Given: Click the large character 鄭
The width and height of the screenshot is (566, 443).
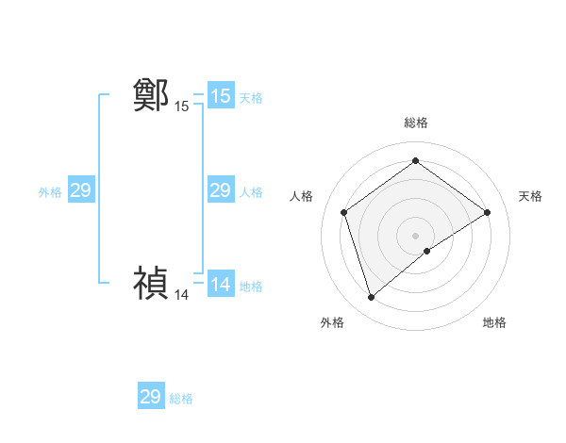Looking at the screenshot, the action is click(x=151, y=95).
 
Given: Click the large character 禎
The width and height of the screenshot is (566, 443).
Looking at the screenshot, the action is click(x=151, y=284).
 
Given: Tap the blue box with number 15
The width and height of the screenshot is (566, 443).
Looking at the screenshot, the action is click(x=220, y=95).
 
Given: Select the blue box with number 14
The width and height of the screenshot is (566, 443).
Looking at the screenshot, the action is click(x=220, y=285).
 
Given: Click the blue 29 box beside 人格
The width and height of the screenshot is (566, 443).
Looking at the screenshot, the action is click(x=220, y=190).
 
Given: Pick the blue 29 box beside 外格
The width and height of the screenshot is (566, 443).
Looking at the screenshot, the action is click(x=80, y=190).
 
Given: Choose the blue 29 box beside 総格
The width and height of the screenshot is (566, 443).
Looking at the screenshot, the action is click(x=151, y=397).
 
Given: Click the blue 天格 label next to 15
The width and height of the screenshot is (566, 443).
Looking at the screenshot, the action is click(x=251, y=97).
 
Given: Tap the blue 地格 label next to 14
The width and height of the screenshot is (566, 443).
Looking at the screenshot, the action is click(x=251, y=287).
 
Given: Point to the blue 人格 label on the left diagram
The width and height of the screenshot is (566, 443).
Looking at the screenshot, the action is click(x=251, y=192).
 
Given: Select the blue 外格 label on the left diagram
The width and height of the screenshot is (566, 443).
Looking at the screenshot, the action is click(x=50, y=192).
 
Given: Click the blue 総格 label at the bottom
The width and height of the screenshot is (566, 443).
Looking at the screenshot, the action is click(x=181, y=399).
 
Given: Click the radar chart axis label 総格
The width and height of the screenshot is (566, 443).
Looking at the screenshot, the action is click(x=415, y=123).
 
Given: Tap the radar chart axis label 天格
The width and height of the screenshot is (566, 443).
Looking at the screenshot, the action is click(x=531, y=196).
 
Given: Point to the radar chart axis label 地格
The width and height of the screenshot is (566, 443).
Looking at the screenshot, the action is click(x=494, y=322).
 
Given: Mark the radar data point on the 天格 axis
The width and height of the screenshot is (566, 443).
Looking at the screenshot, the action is click(x=487, y=212).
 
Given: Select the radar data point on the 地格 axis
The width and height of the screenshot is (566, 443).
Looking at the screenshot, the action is click(x=427, y=251).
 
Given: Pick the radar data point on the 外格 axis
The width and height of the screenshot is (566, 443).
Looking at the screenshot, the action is click(x=371, y=298).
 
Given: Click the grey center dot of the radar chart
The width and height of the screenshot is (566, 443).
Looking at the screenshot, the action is click(x=415, y=235).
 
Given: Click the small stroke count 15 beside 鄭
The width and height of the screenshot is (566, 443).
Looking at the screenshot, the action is click(x=181, y=107).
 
